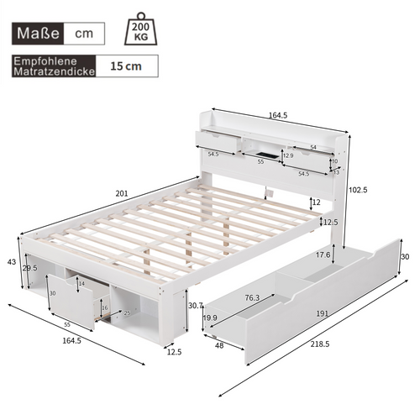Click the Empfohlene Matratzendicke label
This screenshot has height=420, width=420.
[53, 66]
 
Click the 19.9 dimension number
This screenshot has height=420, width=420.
[210, 318]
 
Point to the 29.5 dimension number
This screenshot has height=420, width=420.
[29, 268]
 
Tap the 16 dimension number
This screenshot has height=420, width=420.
[103, 307]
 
